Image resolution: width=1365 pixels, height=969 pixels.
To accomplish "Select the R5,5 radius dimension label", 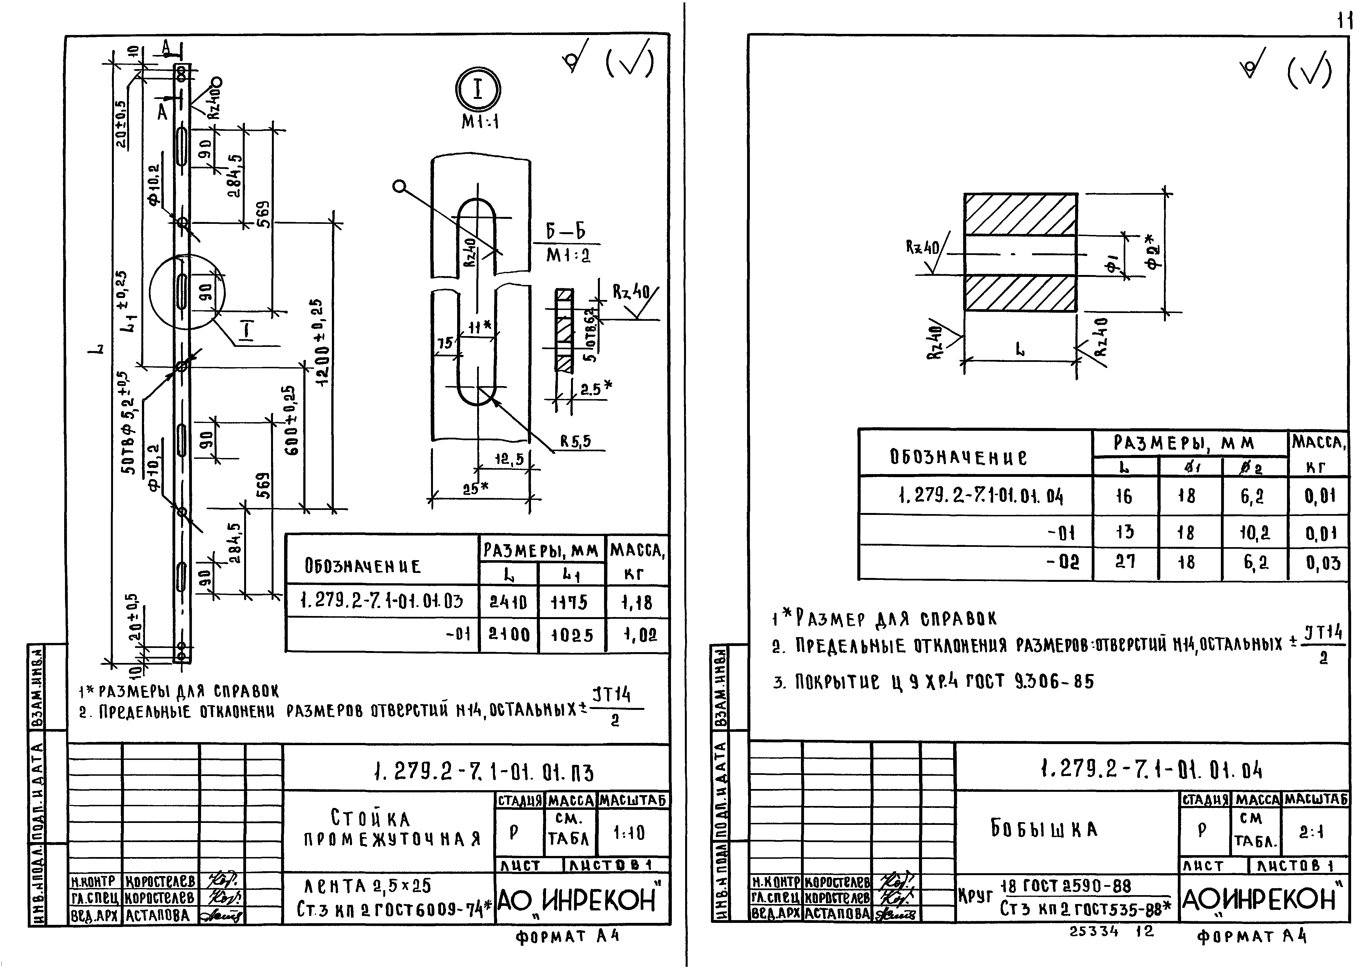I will point(575,441).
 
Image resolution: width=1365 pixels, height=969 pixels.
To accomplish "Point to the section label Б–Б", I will point(565,232).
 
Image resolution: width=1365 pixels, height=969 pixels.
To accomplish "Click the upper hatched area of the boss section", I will point(1020,214).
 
